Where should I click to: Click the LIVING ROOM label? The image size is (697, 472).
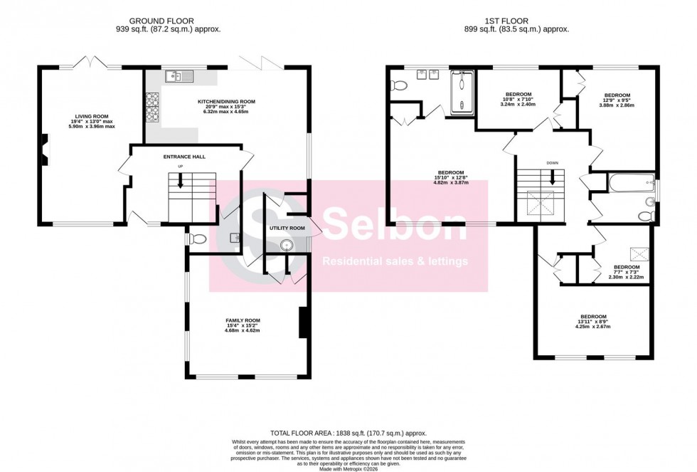(92, 116)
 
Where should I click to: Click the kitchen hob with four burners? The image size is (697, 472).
(153, 106)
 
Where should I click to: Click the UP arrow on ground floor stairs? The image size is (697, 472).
(181, 182)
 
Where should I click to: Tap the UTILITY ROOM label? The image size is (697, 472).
(287, 229)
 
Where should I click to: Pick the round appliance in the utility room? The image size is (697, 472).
(287, 246)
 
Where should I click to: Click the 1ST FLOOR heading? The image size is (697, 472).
(516, 21)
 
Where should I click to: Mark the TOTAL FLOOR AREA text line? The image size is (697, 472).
(348, 433)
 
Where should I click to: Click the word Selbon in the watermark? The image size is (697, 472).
(395, 222)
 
